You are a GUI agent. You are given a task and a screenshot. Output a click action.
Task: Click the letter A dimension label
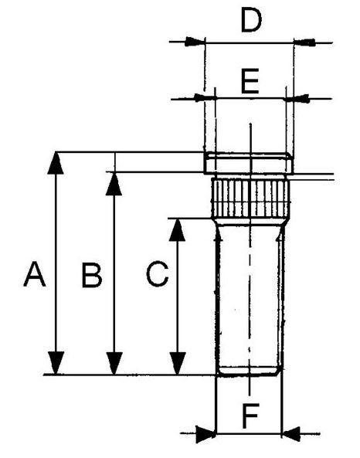[x=35, y=274]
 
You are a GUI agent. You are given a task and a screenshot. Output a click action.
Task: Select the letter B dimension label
[x=91, y=275]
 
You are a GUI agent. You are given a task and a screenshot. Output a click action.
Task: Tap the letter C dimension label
[x=157, y=274]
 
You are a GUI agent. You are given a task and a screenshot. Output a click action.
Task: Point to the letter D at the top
[x=251, y=20]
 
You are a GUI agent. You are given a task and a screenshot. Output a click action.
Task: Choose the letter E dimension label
[x=250, y=81]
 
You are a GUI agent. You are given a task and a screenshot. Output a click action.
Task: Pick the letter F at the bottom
[x=250, y=416]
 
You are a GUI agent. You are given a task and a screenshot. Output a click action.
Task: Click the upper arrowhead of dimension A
[x=55, y=163]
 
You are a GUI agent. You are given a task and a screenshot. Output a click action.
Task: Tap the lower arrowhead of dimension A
[x=56, y=363]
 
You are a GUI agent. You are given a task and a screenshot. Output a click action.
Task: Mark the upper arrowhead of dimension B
[x=114, y=184]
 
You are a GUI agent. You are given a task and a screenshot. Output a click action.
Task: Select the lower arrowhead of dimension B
[x=114, y=363]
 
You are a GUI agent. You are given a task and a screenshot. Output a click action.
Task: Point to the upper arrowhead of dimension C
[x=177, y=229]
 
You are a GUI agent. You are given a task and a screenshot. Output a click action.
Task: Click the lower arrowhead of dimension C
[x=178, y=363]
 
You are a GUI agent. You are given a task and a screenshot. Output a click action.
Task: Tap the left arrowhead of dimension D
[x=195, y=42]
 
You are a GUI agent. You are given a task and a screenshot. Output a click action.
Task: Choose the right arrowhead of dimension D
[x=304, y=42]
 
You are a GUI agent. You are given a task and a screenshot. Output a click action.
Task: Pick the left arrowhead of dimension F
[x=206, y=434]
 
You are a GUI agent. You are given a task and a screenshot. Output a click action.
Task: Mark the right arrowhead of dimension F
[x=291, y=434]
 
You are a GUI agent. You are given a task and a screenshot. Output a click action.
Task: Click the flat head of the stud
[x=249, y=163]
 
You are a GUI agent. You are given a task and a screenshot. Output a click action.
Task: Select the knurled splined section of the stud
[x=250, y=198]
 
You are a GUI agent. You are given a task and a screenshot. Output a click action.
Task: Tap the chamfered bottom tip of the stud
[x=250, y=371]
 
